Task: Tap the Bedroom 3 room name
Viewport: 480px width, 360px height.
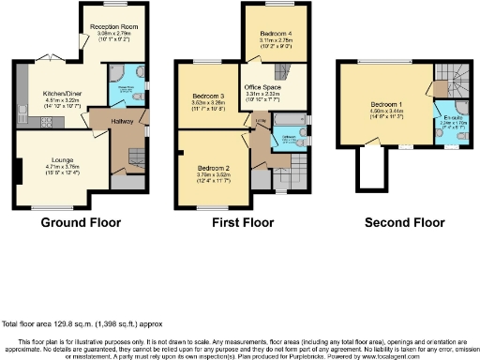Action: click(208, 97)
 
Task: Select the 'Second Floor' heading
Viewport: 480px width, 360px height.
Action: click(404, 223)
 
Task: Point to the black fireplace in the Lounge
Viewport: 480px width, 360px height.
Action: click(18, 172)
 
